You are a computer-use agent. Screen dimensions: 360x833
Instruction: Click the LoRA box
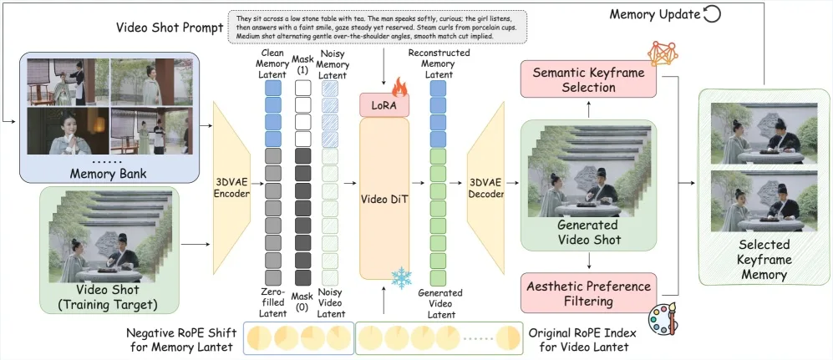[x=384, y=106]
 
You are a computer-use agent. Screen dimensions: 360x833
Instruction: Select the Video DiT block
[x=384, y=198]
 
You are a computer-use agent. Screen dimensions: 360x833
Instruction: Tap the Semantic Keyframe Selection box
[x=588, y=79]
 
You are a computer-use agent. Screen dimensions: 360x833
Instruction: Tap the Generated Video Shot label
[x=587, y=231]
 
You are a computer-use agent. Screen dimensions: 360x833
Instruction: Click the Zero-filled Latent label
[x=272, y=300]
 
